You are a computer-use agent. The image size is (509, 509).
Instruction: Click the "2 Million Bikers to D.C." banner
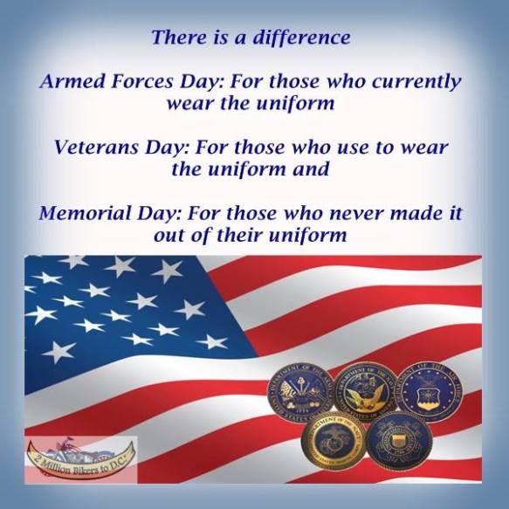81,454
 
